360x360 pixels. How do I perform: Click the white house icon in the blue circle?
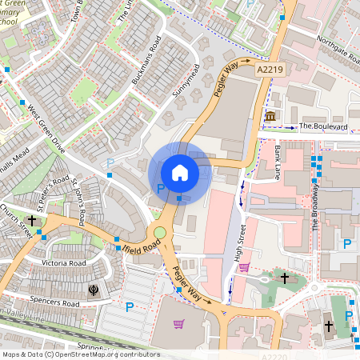180,172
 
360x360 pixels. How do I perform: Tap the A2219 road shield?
270,71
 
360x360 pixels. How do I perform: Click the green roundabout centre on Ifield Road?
160,233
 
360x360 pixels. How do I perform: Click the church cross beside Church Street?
33,219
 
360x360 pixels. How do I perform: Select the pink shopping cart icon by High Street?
245,268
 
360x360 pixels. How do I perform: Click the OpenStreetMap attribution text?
80,354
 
